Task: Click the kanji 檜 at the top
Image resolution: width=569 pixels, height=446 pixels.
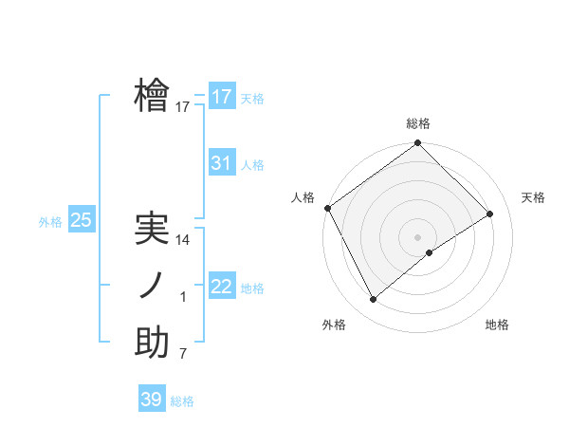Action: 152,96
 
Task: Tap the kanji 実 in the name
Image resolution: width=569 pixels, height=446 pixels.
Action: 152,229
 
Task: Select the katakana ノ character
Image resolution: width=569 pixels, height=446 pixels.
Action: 152,287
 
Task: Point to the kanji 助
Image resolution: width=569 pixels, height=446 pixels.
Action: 152,344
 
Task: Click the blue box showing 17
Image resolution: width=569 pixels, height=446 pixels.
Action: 221,97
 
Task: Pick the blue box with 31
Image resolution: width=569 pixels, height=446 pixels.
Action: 221,163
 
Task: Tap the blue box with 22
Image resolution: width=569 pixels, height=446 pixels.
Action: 221,287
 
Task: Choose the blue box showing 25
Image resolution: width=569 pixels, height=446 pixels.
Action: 82,220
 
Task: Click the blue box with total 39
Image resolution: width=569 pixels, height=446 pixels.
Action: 151,400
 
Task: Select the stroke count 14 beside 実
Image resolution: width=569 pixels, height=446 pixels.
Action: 184,240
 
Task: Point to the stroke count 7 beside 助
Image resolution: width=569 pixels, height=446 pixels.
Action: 184,354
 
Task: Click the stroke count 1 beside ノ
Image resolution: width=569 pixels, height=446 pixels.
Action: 184,298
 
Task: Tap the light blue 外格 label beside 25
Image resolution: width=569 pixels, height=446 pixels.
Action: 50,222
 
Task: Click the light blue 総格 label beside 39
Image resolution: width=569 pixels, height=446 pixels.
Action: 182,401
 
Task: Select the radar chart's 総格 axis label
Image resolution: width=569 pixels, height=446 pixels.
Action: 418,123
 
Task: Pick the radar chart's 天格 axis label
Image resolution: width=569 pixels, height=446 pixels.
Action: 533,197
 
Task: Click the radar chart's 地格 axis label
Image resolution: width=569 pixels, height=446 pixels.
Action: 497,325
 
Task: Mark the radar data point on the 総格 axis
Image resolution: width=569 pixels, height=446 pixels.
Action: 418,144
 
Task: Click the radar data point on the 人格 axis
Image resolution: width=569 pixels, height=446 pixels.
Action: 327,208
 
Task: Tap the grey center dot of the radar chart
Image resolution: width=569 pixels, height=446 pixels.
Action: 418,236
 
